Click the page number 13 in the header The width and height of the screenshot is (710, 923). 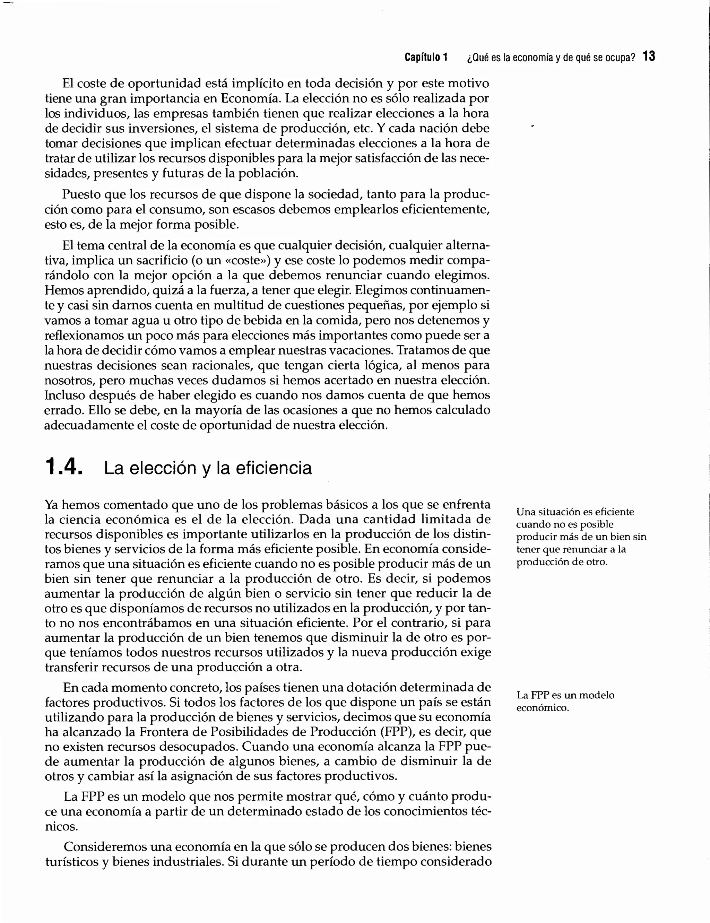point(649,56)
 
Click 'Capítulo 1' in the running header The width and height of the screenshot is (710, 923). point(426,57)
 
